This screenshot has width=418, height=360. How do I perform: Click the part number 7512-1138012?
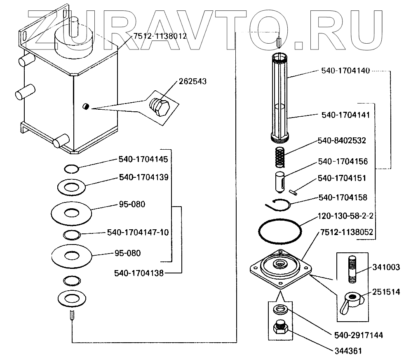pos(160,36)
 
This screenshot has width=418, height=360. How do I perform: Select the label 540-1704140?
pos(346,71)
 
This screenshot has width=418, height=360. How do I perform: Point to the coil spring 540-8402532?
pos(280,156)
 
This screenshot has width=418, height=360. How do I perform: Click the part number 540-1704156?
pos(343,161)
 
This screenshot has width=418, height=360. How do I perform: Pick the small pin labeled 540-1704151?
pos(294,191)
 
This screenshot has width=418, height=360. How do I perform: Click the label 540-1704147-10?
pos(138,232)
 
